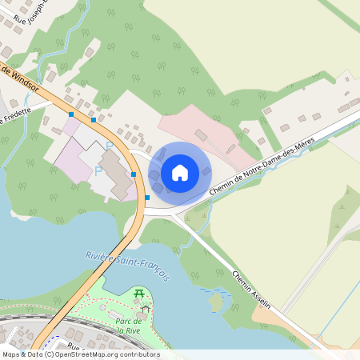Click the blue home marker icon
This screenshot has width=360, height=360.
pos(180,172)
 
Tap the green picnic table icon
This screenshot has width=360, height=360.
pos(140,294)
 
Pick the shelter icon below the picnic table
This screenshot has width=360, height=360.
pos(145,307)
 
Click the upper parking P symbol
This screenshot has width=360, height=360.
pos(110,146)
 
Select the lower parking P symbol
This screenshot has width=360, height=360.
pos(98,170)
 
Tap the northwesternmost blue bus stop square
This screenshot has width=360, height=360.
pos(71,115)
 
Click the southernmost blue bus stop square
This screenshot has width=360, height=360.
pos(147,197)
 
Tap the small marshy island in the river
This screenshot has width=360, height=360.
pos(214,302)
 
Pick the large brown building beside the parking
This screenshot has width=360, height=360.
pos(118,174)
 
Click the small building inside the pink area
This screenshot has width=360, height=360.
pos(201,135)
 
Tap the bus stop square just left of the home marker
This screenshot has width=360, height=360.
pos(134,174)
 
